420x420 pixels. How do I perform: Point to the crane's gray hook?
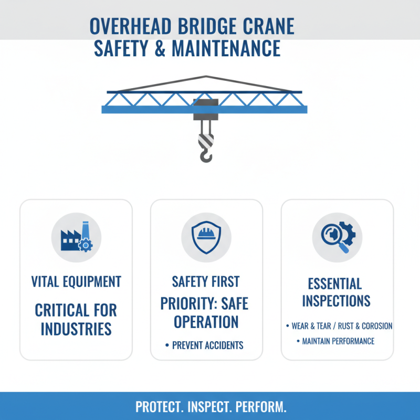[206, 153]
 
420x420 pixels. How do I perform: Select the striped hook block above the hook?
[205, 139]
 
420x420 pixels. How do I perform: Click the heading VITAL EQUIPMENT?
[76, 281]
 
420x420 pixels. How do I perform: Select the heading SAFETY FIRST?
[206, 281]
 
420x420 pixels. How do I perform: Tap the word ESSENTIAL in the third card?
[334, 284]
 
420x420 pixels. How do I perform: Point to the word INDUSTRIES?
[76, 329]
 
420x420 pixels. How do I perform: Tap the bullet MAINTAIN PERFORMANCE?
[338, 341]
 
